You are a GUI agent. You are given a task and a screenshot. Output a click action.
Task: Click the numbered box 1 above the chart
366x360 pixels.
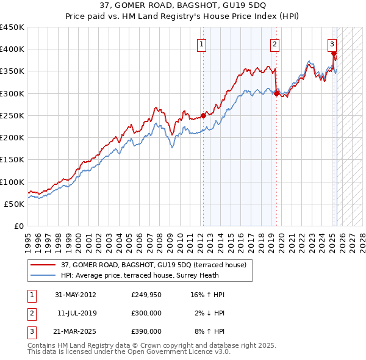point(201,43)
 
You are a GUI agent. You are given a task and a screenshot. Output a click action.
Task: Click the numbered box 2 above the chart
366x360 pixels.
point(275,43)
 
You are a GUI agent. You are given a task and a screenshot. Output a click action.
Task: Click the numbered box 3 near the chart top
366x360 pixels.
point(332,43)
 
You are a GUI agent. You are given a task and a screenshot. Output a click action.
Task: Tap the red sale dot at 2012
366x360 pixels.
point(203,115)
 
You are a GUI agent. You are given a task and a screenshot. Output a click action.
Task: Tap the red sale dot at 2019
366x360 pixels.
point(276,93)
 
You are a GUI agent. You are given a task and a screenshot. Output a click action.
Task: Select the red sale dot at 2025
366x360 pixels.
point(334,53)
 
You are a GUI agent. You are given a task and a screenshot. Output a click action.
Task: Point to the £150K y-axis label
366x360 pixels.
point(12,160)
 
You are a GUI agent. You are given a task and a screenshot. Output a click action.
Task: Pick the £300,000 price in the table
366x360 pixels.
point(146,313)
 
